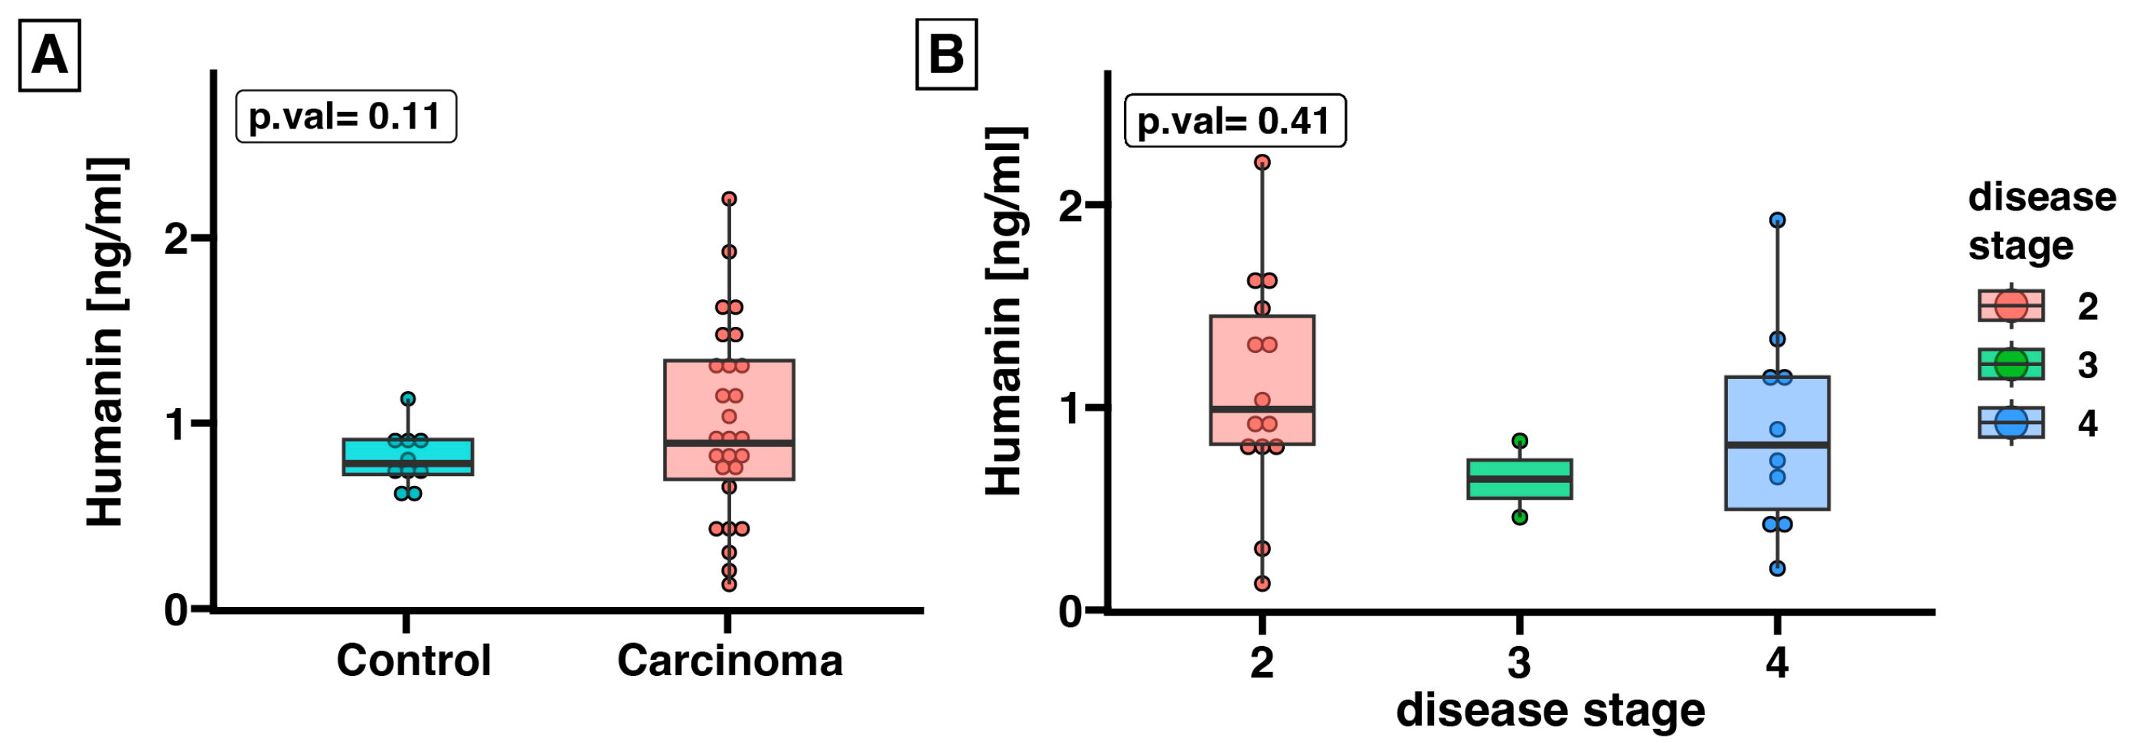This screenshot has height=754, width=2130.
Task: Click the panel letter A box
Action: point(50,56)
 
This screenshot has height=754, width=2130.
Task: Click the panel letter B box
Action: point(946,54)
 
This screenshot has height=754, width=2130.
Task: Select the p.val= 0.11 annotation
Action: point(345,116)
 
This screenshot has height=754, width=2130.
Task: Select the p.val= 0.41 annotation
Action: point(1234,122)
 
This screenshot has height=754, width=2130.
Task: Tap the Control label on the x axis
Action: point(413,661)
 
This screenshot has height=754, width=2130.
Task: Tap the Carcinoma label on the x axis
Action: point(730,661)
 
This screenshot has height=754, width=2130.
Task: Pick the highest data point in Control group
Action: point(407,400)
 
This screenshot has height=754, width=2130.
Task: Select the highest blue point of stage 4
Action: point(1777,220)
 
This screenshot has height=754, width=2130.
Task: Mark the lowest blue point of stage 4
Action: point(1777,569)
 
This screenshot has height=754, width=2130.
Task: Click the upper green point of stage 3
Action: point(1520,442)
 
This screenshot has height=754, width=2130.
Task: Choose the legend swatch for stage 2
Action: point(2011,306)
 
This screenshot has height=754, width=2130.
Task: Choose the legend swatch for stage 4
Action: point(2011,423)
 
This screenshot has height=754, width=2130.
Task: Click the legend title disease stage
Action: point(2040,221)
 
